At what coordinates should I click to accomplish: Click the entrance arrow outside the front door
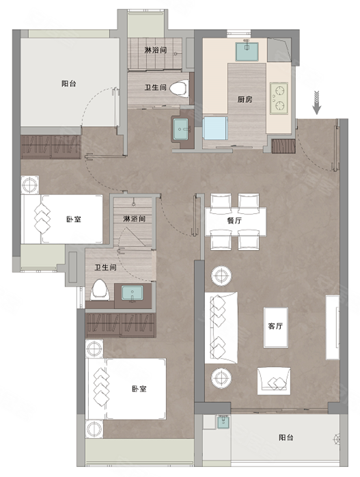(x=317, y=103)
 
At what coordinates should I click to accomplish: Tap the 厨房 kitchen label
(x=245, y=99)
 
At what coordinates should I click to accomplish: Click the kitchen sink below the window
(x=247, y=51)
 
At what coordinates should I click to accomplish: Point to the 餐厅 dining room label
(x=234, y=220)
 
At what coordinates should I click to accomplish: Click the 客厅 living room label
(x=275, y=326)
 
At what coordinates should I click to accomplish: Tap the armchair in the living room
(x=274, y=381)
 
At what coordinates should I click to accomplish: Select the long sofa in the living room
(x=221, y=327)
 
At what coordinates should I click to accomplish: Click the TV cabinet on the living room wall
(x=332, y=327)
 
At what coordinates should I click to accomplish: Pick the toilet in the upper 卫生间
(x=178, y=89)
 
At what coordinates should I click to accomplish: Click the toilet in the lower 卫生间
(x=100, y=290)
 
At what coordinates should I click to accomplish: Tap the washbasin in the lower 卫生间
(x=133, y=294)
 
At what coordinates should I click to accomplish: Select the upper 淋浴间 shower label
(x=155, y=50)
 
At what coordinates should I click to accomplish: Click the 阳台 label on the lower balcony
(x=286, y=437)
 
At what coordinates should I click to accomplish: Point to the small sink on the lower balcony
(x=223, y=422)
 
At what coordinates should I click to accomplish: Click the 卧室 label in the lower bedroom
(x=139, y=389)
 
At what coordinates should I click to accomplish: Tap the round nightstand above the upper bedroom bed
(x=30, y=185)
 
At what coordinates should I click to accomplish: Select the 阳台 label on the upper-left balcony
(x=69, y=83)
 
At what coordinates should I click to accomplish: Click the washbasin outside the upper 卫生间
(x=181, y=129)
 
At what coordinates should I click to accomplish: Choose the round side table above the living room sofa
(x=221, y=276)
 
